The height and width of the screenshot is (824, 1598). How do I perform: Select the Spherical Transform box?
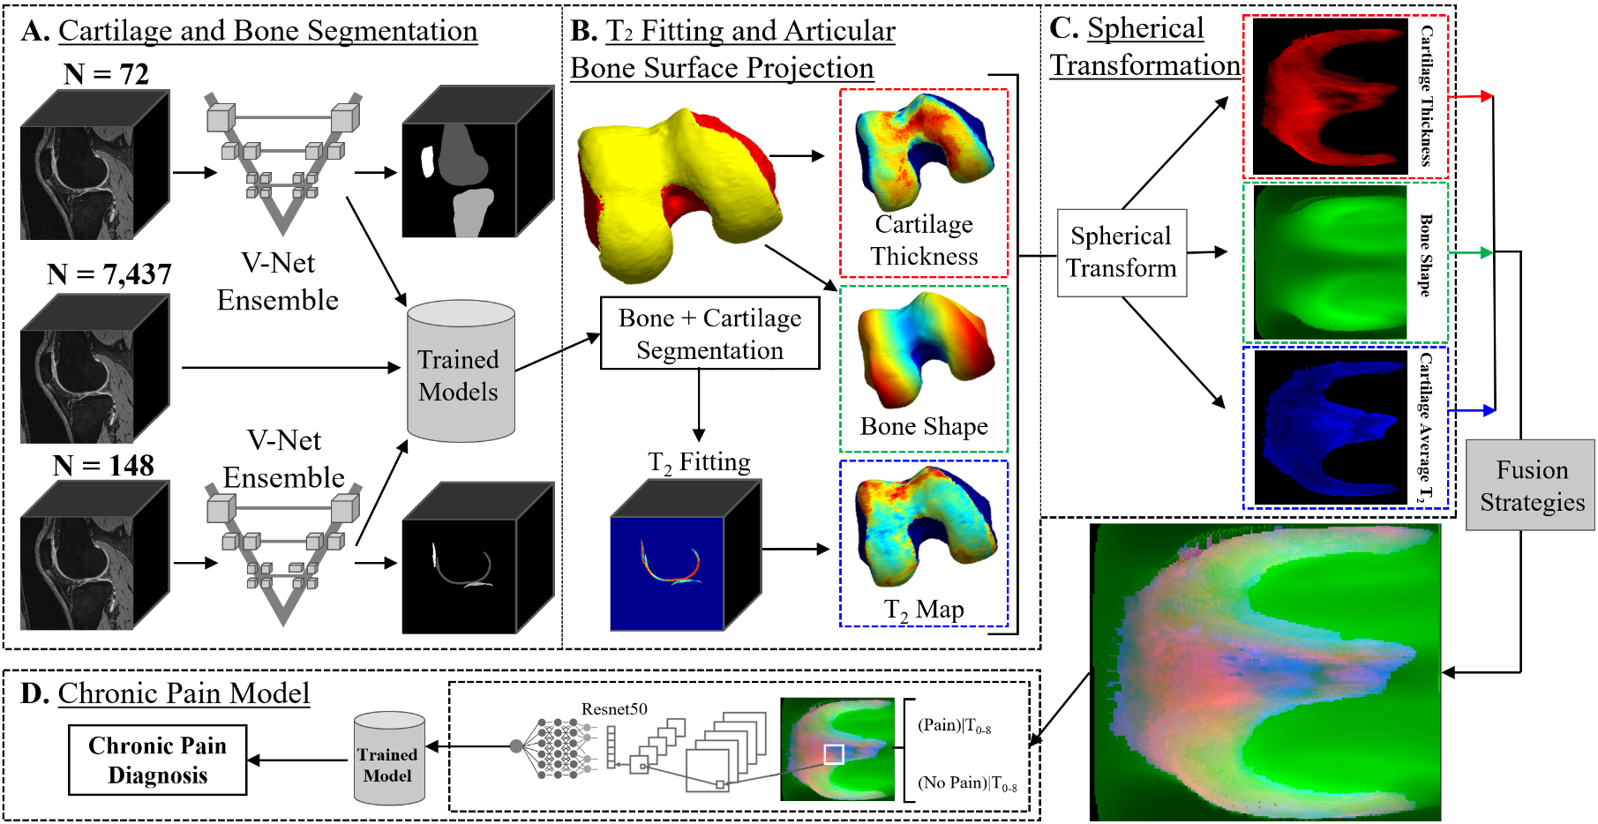1122,252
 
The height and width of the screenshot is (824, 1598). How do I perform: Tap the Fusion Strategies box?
1531,485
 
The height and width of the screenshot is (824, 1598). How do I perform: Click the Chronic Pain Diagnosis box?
158,760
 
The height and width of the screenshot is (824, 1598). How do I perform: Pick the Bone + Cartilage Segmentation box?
709,333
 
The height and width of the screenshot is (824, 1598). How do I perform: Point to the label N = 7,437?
109,274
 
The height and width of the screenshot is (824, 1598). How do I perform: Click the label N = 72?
106,74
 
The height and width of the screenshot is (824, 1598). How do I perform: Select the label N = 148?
103,465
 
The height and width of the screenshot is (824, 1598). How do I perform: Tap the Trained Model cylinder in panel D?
388,760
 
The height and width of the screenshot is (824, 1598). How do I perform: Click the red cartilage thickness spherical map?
1330,95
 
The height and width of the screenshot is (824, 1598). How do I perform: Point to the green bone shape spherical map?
1330,262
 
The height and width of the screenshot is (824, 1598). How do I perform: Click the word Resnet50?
614,709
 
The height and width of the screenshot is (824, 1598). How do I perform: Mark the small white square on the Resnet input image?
834,754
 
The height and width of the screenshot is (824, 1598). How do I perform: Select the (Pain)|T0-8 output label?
954,726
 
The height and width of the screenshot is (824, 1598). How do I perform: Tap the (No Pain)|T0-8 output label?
966,783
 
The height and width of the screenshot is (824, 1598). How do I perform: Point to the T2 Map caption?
924,610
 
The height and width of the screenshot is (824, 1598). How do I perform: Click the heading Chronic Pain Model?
184,693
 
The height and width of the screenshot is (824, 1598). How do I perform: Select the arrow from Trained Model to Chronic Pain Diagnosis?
298,760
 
